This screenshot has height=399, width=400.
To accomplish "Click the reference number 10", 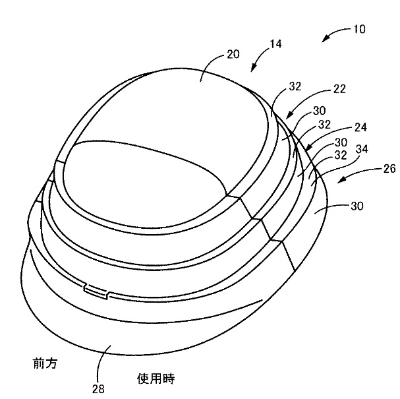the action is click(359, 29).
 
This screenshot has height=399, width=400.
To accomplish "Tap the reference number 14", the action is click(275, 44).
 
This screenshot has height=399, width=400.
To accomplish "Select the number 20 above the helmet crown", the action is click(233, 54).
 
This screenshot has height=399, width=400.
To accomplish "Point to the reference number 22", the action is click(339, 89).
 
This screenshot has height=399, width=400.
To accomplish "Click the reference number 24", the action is click(360, 127).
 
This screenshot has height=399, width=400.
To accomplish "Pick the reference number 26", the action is click(389, 169).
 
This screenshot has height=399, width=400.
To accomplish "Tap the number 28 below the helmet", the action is click(98, 389).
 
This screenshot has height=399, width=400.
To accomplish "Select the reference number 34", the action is click(362, 149).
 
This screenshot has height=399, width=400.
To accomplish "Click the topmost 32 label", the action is click(295, 86).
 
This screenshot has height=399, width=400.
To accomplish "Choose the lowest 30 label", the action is click(357, 206).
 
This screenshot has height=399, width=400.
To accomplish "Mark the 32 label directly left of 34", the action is click(341, 155).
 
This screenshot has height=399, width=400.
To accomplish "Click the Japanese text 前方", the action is click(45, 363).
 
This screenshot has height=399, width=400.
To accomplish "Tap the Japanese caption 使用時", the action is click(156, 379).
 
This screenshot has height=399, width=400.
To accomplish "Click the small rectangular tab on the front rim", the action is click(96, 291).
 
